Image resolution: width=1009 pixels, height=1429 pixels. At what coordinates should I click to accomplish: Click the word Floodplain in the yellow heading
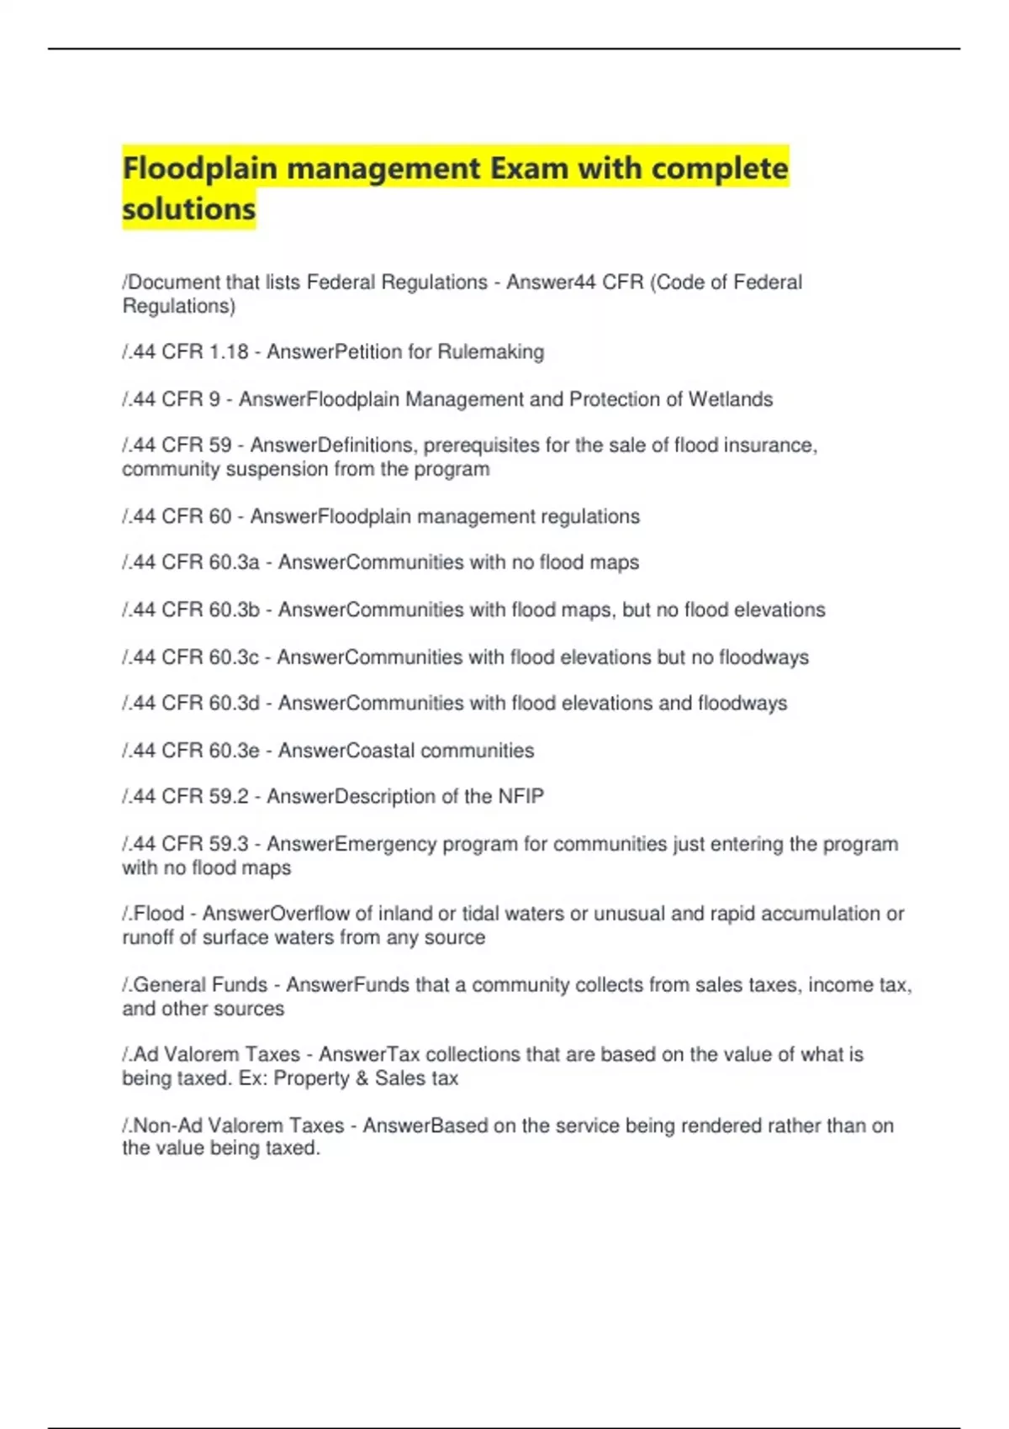tap(200, 168)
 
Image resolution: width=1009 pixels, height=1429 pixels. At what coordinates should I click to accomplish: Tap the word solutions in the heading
tap(188, 208)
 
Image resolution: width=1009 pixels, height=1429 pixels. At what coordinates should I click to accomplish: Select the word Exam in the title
tap(529, 168)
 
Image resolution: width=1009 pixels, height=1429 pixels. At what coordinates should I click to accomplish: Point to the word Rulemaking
tap(491, 352)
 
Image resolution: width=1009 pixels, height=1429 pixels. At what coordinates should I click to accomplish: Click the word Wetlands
tap(730, 399)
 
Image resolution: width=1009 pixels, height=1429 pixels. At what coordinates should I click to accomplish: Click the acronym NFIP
tap(521, 796)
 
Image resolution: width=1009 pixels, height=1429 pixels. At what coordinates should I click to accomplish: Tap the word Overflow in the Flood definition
tap(310, 914)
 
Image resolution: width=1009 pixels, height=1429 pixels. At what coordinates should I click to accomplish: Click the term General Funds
tap(200, 984)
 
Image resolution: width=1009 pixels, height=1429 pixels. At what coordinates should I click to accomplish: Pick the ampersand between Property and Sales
tap(362, 1078)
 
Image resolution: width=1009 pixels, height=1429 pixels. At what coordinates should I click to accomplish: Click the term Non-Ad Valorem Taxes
tap(239, 1126)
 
